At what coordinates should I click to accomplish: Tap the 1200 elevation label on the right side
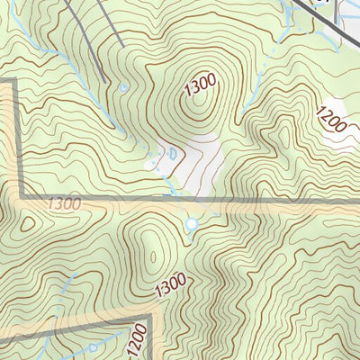tap(330, 118)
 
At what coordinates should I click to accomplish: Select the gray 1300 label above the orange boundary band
tap(65, 205)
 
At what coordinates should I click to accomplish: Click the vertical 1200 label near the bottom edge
tap(137, 338)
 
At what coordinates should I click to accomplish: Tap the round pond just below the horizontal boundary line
tap(190, 224)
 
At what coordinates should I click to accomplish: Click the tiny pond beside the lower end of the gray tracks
tap(122, 87)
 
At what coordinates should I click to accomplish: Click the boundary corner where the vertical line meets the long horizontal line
tap(20, 197)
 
